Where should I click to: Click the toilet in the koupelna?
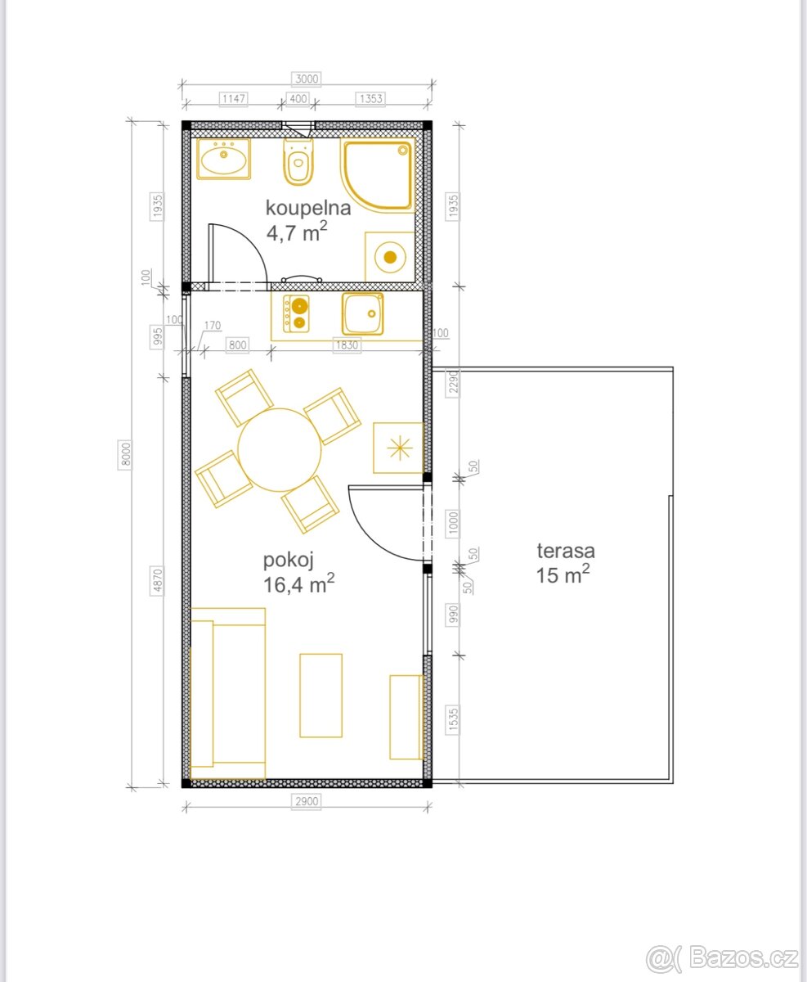[x=298, y=161]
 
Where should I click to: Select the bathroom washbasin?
[x=224, y=158]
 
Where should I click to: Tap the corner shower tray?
[x=378, y=176]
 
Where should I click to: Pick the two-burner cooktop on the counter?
[x=296, y=313]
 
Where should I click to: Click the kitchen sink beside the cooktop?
[x=363, y=313]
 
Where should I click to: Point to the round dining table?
[x=279, y=450]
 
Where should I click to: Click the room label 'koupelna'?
[x=308, y=208]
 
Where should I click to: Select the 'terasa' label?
[x=566, y=551]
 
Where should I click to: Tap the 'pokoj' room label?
[x=289, y=560]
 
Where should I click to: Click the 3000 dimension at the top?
[x=307, y=79]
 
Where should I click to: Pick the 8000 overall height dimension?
[x=125, y=454]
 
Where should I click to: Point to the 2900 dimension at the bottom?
[x=307, y=801]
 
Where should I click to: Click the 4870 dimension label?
[x=157, y=581]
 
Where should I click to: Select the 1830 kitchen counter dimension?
[x=347, y=345]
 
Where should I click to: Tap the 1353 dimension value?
[x=370, y=99]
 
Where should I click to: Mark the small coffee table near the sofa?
[x=321, y=696]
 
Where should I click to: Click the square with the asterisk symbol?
[x=399, y=448]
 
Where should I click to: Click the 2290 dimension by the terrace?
[x=453, y=382]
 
